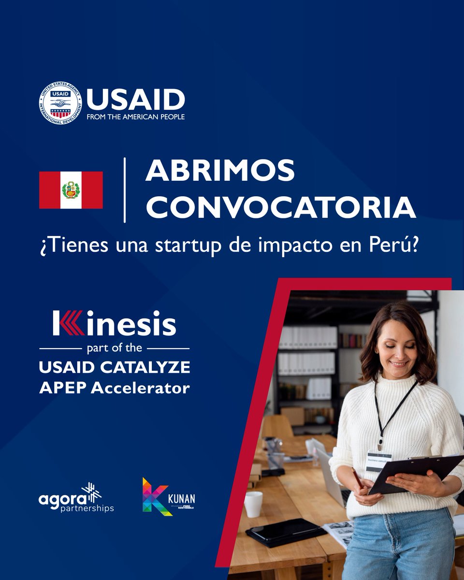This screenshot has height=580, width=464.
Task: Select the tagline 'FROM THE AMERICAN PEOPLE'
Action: click(135, 116)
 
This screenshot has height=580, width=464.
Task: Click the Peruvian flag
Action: click(71, 190)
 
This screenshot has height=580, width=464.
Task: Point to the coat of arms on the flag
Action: click(71, 190)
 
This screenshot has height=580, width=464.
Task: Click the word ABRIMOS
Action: click(220, 171)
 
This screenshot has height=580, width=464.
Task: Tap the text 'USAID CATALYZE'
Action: click(114, 368)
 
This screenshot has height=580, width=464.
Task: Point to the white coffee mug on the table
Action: click(253, 504)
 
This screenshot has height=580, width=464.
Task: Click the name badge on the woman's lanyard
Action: click(379, 460)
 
